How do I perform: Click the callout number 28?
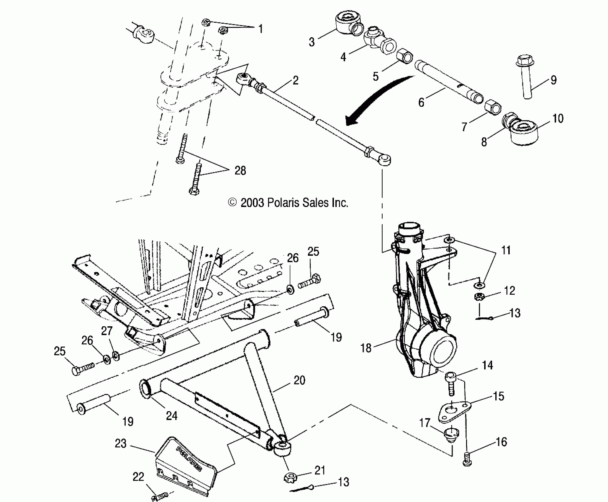[240, 171]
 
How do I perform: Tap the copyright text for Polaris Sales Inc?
[288, 203]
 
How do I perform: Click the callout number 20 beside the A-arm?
[299, 380]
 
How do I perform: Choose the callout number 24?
[172, 416]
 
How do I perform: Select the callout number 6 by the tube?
[421, 102]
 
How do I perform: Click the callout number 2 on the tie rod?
[295, 80]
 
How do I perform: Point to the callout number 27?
[107, 331]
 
